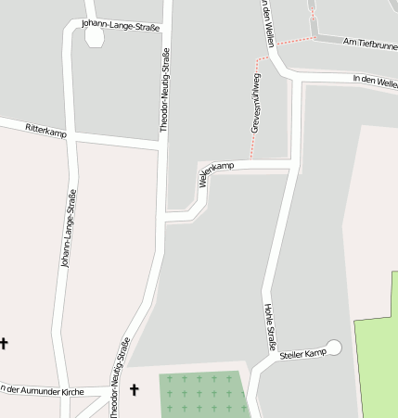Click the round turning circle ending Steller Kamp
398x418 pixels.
point(334,348)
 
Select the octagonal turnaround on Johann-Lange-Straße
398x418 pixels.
point(94,37)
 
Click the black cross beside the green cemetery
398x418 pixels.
point(134,389)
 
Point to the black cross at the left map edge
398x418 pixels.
point(4,343)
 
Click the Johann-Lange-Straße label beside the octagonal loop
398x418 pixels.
point(121,25)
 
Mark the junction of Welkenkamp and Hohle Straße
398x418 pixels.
point(294,165)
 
